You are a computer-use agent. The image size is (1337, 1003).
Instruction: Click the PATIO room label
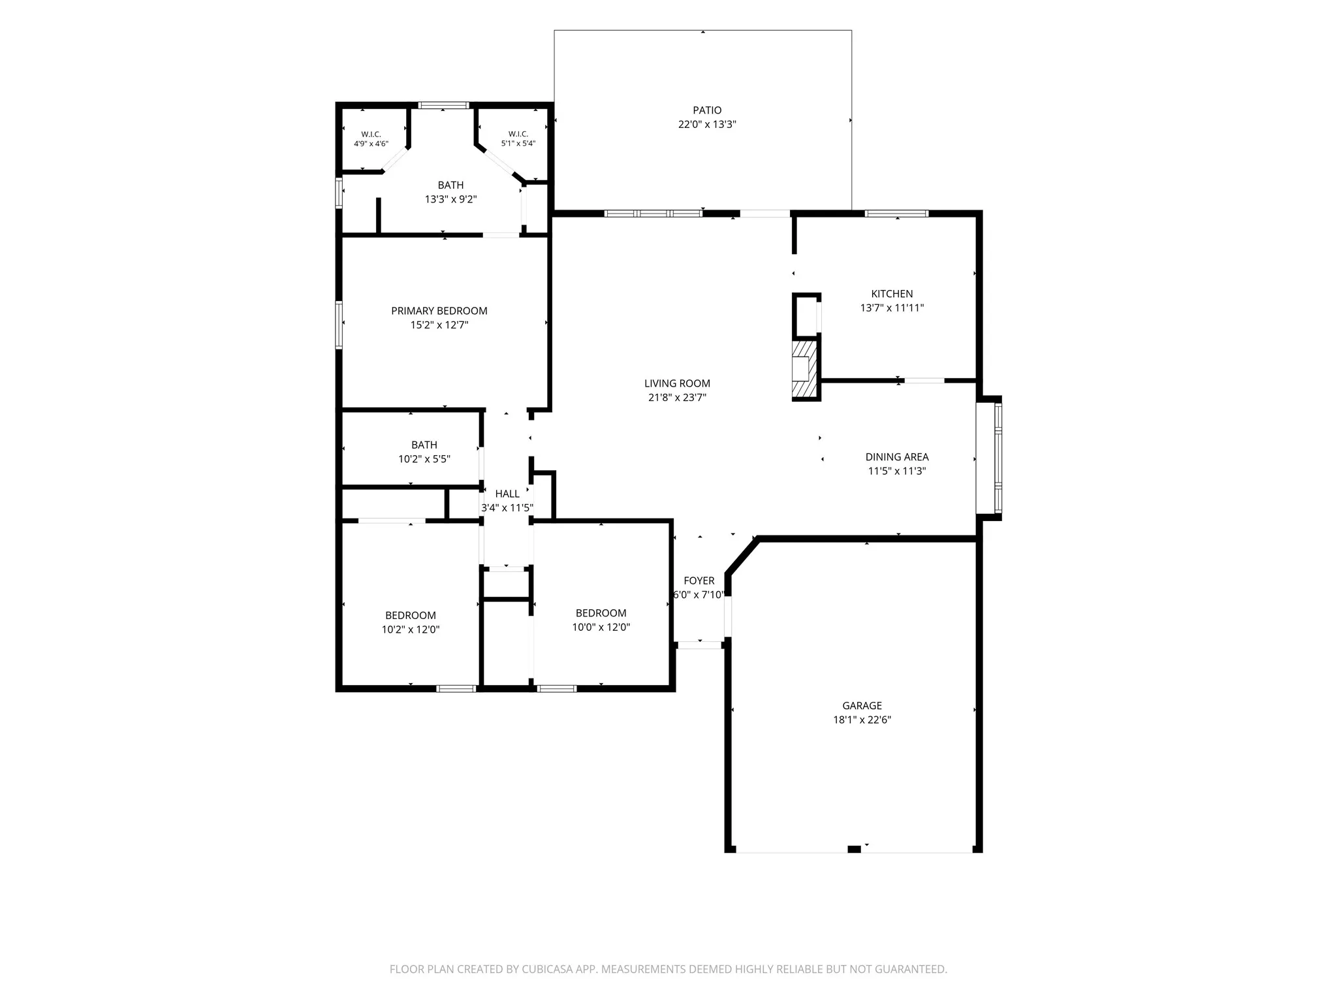coord(707,110)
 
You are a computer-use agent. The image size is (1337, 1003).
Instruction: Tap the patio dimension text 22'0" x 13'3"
coord(707,124)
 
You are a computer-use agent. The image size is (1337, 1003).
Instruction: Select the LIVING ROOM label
coord(677,383)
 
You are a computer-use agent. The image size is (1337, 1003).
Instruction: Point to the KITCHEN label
coord(892,294)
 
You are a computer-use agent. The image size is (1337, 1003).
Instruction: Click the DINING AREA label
coord(897,457)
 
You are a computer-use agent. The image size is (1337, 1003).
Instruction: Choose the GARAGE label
coord(862,705)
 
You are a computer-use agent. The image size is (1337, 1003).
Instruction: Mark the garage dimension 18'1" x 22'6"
coord(862,720)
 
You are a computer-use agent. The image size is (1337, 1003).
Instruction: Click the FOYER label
coord(699,581)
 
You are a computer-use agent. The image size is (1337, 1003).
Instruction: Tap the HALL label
coord(507,494)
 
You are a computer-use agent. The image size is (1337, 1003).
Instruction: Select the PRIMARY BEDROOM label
coord(439,311)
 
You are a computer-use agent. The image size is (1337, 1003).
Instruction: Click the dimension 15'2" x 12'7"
coord(439,325)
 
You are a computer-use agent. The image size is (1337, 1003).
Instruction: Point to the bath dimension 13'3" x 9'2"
coord(451,199)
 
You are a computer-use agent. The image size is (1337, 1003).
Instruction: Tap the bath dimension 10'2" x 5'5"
coord(424,459)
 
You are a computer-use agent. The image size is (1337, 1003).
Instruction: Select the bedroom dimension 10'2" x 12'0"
coord(411,629)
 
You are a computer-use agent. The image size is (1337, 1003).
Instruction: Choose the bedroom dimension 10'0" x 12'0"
coord(601,627)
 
